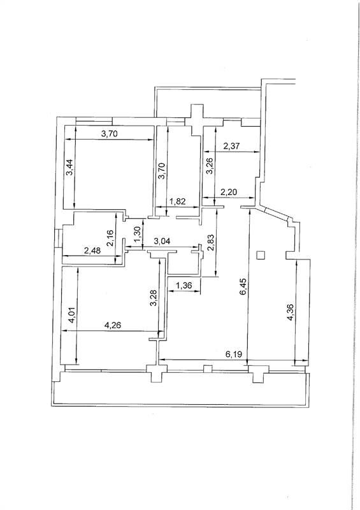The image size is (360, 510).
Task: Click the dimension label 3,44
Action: click(x=69, y=168)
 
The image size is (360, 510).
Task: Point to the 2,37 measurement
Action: click(x=231, y=146)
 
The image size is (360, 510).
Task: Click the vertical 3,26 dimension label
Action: click(x=210, y=166)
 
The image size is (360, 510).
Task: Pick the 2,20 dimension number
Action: click(x=229, y=193)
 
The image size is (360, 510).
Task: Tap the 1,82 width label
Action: click(x=178, y=201)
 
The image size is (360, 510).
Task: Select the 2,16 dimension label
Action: click(x=110, y=237)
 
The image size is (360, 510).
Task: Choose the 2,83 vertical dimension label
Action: click(x=211, y=244)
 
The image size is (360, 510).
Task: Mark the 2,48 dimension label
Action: click(x=92, y=251)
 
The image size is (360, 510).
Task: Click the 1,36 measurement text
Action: click(x=184, y=286)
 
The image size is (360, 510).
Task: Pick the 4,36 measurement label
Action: click(x=291, y=312)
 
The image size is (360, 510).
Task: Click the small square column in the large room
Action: click(x=261, y=256)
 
